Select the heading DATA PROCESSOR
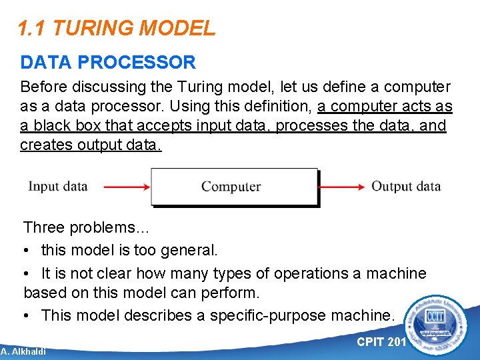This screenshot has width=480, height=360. click(108, 63)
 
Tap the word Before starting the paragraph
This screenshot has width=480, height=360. click(43, 87)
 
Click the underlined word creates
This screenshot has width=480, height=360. click(45, 145)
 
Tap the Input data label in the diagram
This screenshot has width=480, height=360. click(58, 186)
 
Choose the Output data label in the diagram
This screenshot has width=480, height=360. click(406, 186)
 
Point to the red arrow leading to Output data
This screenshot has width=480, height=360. click(343, 187)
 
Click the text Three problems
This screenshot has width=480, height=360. click(87, 227)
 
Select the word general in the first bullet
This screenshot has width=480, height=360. click(192, 251)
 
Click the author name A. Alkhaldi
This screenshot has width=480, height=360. click(23, 351)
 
